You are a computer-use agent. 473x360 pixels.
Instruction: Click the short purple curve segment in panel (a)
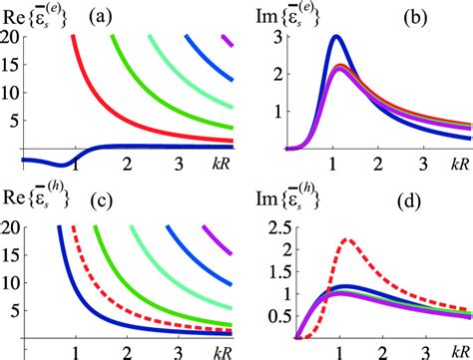coord(228,41)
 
